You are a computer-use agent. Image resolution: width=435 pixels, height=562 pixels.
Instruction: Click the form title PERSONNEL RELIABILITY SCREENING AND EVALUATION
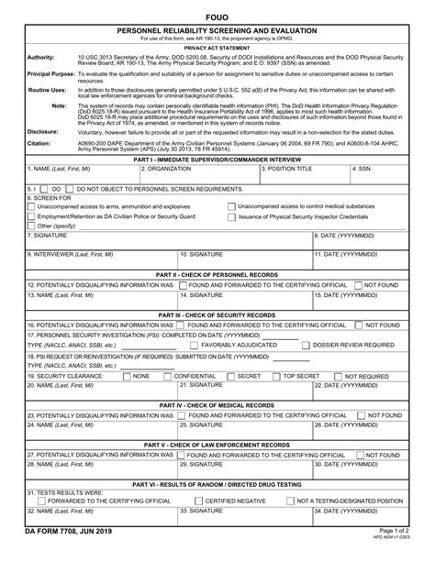point(217,30)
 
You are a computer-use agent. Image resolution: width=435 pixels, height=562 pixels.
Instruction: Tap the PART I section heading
point(217,160)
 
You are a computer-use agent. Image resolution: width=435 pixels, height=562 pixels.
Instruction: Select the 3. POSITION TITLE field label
point(287,170)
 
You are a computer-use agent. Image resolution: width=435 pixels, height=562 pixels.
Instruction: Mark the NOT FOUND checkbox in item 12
point(358,285)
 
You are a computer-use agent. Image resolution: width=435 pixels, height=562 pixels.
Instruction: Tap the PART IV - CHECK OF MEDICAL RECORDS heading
point(217,405)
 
